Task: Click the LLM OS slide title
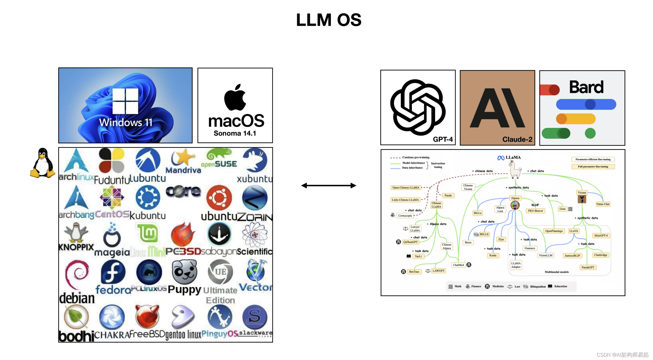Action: coord(329,20)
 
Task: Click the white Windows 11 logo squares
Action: coord(125,101)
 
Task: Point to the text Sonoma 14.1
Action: coord(235,133)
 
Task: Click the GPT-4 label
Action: coord(443,139)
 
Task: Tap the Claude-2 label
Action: coord(517,139)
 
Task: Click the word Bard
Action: coord(586,87)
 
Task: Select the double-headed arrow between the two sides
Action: coord(328,186)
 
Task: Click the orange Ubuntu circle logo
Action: coord(219,198)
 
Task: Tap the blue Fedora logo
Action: coord(113,272)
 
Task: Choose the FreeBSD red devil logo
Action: coord(147,316)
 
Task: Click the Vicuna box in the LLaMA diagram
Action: coord(582,192)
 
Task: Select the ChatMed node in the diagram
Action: coord(458,265)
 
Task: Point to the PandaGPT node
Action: coord(588,267)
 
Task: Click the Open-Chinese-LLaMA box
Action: coord(405,187)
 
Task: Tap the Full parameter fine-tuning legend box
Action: coord(593,167)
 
